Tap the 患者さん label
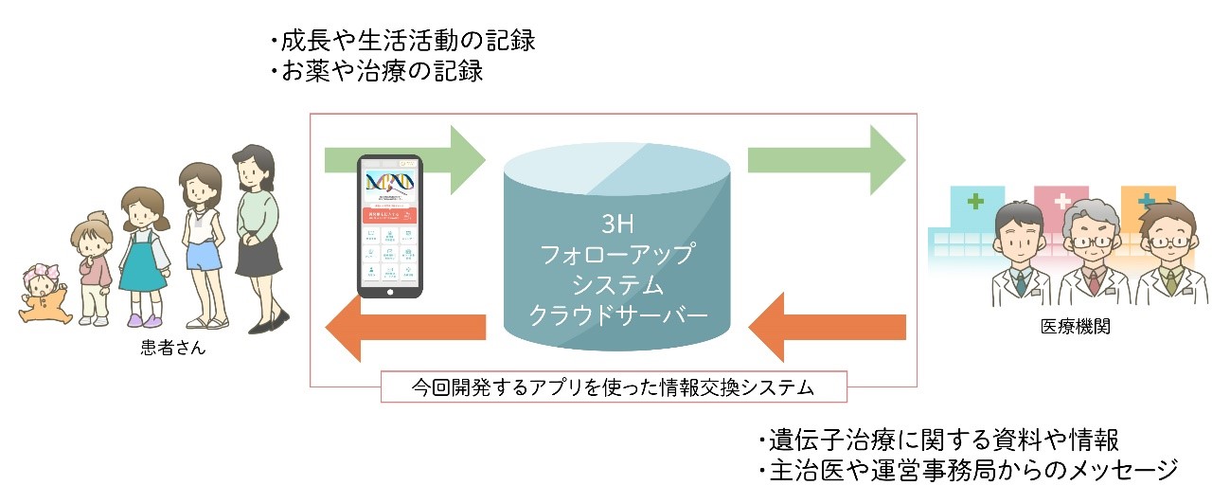172,350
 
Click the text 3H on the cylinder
615,225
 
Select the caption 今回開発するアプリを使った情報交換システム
614,387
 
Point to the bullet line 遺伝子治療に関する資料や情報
938,440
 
